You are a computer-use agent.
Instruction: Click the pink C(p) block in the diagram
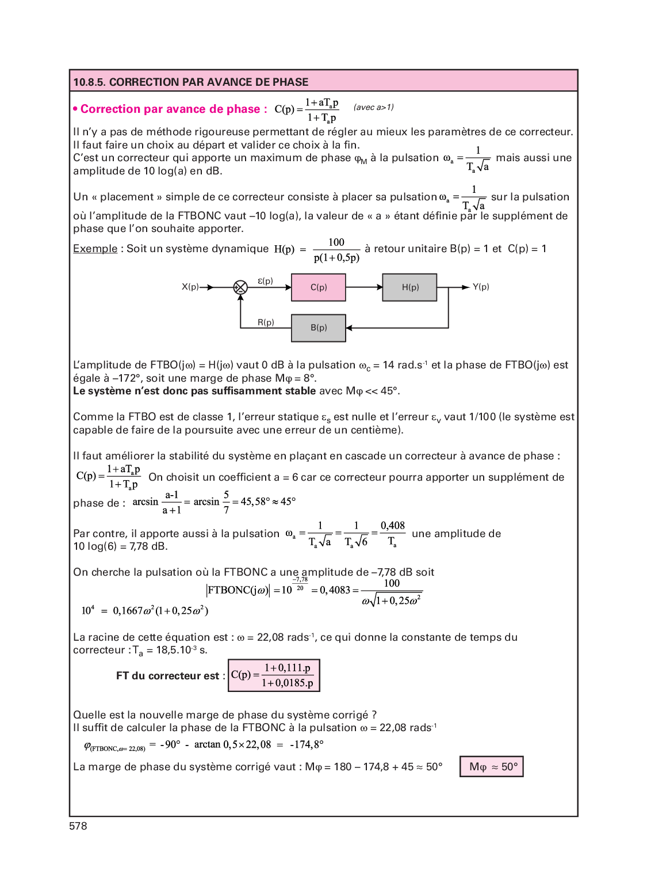click(x=319, y=287)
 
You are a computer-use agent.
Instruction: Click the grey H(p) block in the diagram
click(x=410, y=287)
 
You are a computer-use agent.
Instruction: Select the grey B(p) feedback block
click(x=319, y=328)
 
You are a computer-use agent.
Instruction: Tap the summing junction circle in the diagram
click(x=240, y=287)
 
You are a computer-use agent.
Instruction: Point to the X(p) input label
click(x=190, y=287)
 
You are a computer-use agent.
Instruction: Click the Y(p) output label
click(x=481, y=287)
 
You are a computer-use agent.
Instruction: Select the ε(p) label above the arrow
click(x=265, y=281)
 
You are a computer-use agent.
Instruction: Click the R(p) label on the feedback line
click(x=266, y=322)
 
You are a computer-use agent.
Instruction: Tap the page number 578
click(x=78, y=826)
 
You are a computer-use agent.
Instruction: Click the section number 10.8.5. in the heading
click(x=89, y=82)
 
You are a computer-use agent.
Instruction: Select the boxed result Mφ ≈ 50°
click(x=492, y=767)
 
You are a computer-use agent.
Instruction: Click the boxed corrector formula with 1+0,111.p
click(x=274, y=675)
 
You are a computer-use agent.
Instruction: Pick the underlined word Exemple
click(x=95, y=249)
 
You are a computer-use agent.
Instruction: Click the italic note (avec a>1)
click(x=373, y=107)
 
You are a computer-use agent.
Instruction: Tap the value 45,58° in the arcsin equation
click(x=255, y=501)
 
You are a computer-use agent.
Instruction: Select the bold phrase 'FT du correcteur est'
click(x=167, y=676)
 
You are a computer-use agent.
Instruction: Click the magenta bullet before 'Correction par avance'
click(x=75, y=109)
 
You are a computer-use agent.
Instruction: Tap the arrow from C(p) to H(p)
click(x=365, y=287)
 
